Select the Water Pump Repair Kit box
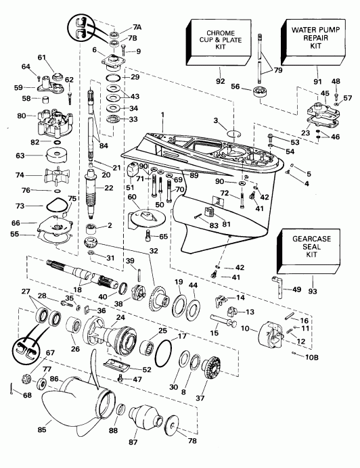pyautogui.click(x=313, y=39)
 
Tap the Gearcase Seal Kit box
pyautogui.click(x=302, y=250)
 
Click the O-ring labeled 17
pyautogui.click(x=161, y=352)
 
